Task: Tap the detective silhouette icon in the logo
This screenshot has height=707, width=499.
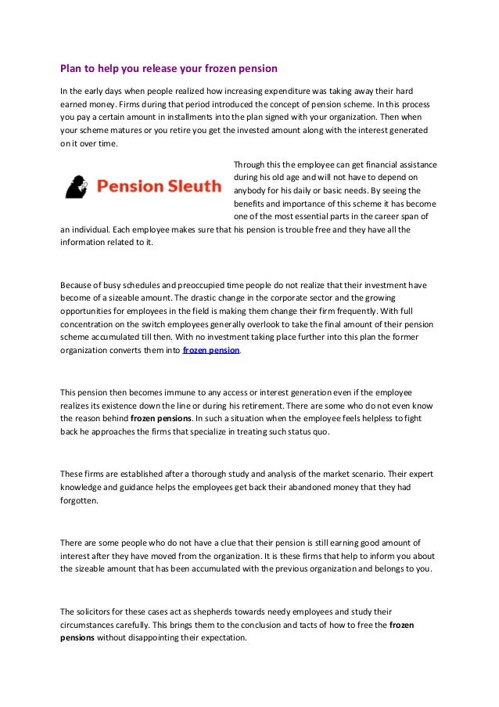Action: click(x=79, y=186)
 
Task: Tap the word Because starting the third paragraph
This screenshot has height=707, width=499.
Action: click(x=78, y=286)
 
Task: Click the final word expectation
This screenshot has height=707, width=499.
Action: click(x=220, y=637)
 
